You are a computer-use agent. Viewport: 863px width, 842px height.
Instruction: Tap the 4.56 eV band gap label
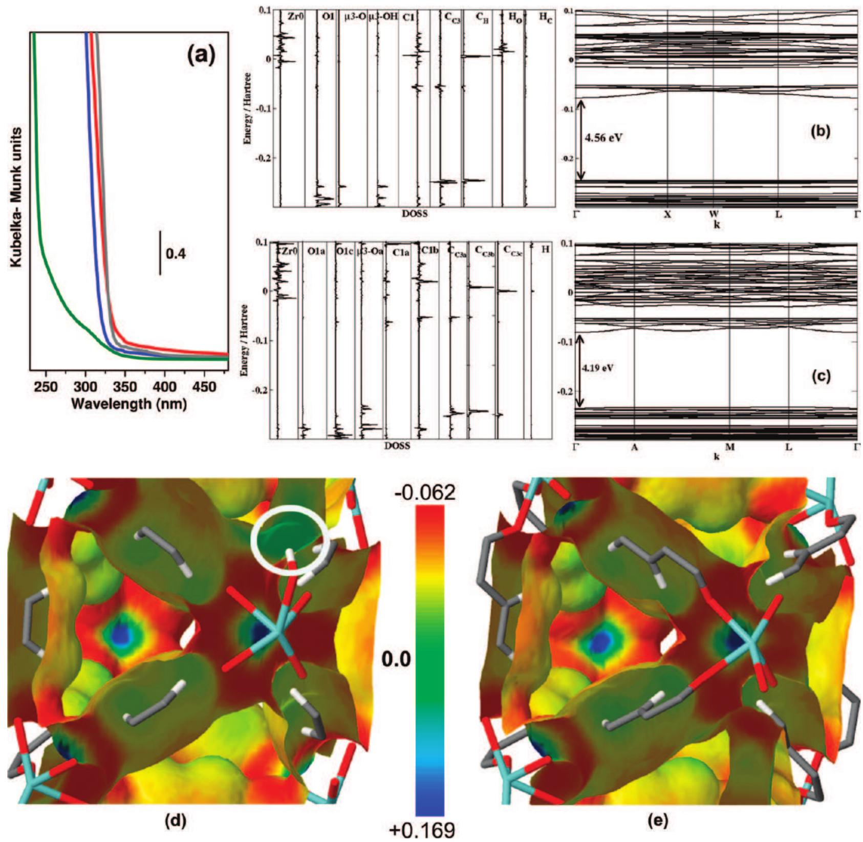pos(605,138)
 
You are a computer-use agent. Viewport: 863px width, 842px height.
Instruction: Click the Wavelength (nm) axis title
pos(129,403)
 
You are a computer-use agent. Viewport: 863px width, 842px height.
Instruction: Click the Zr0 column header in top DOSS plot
pos(293,15)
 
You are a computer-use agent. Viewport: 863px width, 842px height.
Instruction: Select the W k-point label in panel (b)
pos(714,215)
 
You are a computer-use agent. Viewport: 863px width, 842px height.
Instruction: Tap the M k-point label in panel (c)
pos(730,447)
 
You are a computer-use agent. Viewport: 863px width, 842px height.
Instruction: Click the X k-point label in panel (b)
pos(667,215)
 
